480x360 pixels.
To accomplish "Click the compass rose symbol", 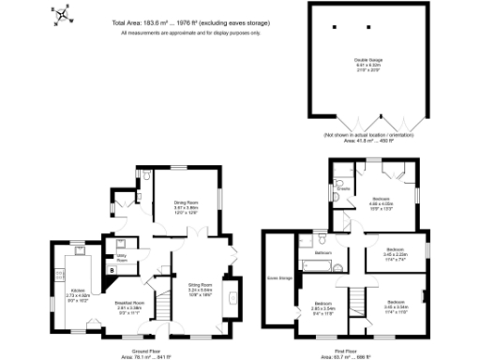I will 62,14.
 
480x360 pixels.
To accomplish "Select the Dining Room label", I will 187,203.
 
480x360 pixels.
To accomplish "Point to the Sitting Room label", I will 201,287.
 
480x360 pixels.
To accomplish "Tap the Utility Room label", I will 122,256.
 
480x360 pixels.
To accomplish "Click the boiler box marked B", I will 113,270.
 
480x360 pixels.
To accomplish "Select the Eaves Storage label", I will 278,277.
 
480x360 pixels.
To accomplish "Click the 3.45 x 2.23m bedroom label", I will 397,252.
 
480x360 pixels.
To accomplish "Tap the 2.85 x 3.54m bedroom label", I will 324,306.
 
